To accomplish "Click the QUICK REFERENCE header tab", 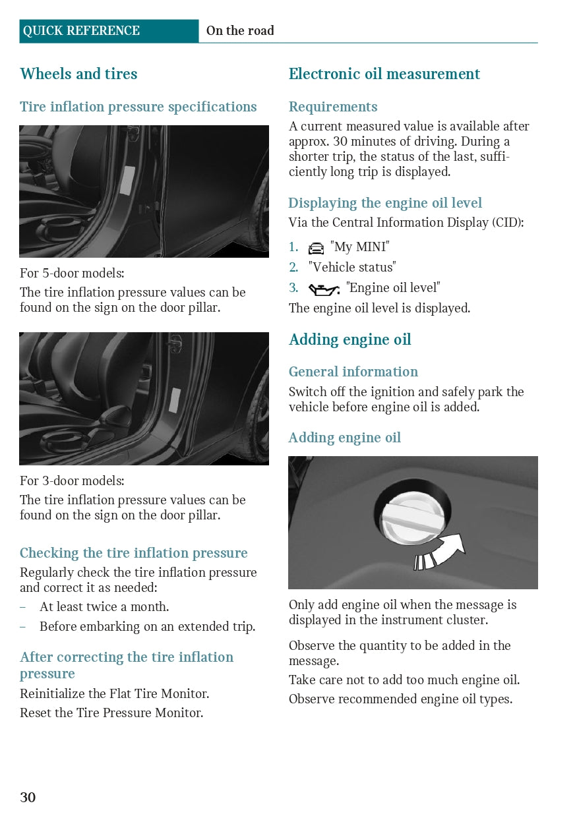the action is [109, 31].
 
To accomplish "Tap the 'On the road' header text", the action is [240, 30].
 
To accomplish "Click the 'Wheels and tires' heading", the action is [78, 73].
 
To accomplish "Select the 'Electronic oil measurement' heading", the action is [384, 73].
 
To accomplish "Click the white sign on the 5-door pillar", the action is [127, 180].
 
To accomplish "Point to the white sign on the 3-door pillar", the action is [175, 400].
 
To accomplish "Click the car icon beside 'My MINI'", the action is [316, 248].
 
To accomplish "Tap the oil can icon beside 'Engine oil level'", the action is [324, 289].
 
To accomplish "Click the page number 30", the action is [28, 797].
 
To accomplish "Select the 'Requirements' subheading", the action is [333, 107].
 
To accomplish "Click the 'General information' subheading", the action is [353, 372].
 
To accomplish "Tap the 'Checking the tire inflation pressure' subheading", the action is [134, 553].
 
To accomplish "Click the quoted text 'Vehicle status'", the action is [352, 267].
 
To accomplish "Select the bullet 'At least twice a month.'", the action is [104, 606].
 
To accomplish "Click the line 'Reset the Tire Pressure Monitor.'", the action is [111, 713].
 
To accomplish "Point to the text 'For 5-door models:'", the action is [72, 273].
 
